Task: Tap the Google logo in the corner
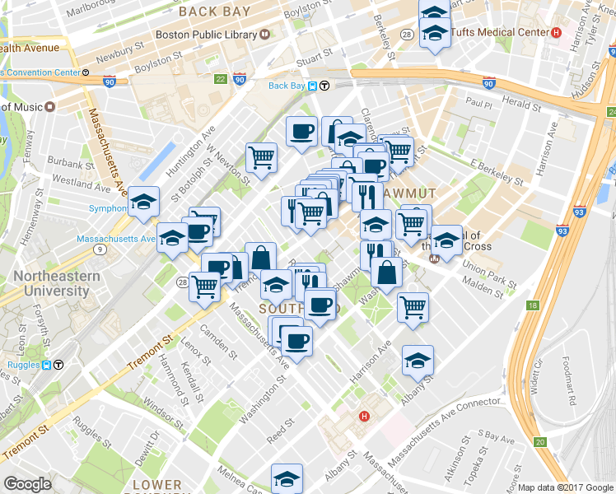pyautogui.click(x=27, y=484)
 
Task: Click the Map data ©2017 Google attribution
pyautogui.click(x=566, y=487)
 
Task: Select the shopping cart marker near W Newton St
pyautogui.click(x=261, y=156)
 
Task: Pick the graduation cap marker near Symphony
pyautogui.click(x=144, y=202)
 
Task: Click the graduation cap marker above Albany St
pyautogui.click(x=418, y=360)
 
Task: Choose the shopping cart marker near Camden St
pyautogui.click(x=204, y=286)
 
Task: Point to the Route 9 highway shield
pyautogui.click(x=100, y=249)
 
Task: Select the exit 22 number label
pyautogui.click(x=219, y=80)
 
